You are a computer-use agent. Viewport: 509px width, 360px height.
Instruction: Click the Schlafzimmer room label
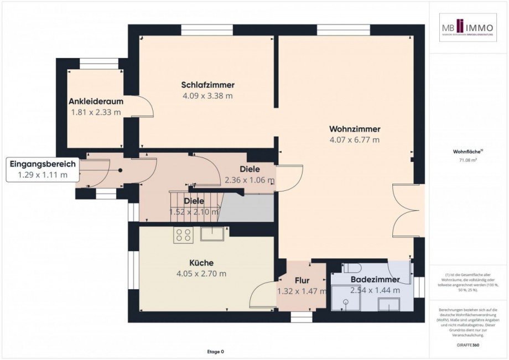(x=207, y=85)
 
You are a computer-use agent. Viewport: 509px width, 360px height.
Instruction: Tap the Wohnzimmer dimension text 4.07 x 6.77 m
(x=354, y=140)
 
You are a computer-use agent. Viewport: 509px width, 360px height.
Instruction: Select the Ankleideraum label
(x=96, y=102)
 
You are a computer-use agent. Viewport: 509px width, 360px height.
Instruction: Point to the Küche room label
(x=201, y=263)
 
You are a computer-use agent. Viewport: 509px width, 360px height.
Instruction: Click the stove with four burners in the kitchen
(x=184, y=235)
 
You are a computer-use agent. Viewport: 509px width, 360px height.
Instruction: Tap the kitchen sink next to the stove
(x=212, y=234)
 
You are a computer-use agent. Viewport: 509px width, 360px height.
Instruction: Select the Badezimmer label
(x=375, y=280)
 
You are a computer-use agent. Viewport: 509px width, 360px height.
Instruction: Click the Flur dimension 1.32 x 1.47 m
(x=302, y=291)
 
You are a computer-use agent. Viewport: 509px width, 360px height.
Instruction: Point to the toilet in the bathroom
(x=352, y=268)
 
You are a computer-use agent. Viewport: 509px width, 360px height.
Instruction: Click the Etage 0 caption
(x=215, y=352)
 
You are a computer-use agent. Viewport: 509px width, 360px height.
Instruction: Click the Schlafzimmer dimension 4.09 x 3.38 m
(x=207, y=96)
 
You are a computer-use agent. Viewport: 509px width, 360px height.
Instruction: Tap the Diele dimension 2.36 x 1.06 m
(x=250, y=180)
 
